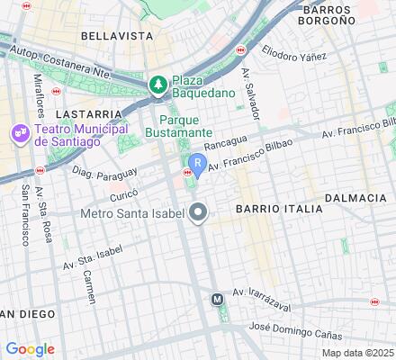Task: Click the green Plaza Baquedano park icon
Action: pyautogui.click(x=157, y=84)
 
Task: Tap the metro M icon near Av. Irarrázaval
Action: pyautogui.click(x=217, y=299)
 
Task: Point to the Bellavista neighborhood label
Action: pyautogui.click(x=116, y=36)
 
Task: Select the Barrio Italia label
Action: pyautogui.click(x=279, y=209)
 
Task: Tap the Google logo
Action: pyautogui.click(x=30, y=349)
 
